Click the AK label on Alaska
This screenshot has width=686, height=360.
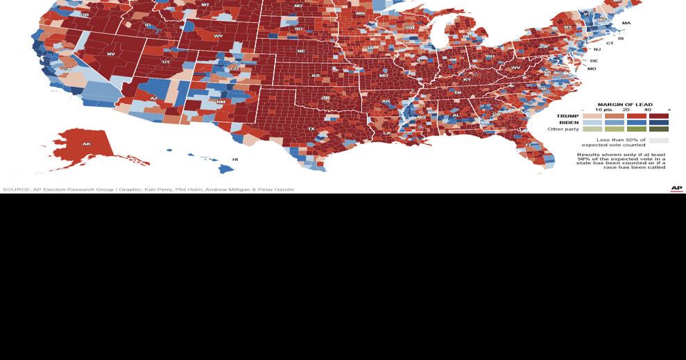[86, 144]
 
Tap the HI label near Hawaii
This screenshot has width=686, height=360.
[235, 160]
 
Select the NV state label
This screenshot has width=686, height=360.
[111, 53]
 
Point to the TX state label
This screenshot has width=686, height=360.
[311, 128]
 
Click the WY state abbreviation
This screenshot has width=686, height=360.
[218, 35]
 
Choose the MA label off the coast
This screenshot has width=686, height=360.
[626, 23]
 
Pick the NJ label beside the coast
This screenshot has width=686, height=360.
[597, 49]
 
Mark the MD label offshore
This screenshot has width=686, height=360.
[592, 69]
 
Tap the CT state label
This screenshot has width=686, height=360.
[610, 43]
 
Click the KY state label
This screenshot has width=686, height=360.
[467, 79]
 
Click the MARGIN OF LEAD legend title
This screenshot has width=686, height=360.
[625, 105]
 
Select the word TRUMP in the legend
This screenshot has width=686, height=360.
[567, 116]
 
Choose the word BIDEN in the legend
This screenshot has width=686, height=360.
[569, 123]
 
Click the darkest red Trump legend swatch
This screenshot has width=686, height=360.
[659, 116]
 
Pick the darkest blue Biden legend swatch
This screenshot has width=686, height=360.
[659, 123]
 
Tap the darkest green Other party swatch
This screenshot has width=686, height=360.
[659, 129]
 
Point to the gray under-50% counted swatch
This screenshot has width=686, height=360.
[659, 140]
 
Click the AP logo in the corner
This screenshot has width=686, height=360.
[676, 189]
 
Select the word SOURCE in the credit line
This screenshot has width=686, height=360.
[16, 189]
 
